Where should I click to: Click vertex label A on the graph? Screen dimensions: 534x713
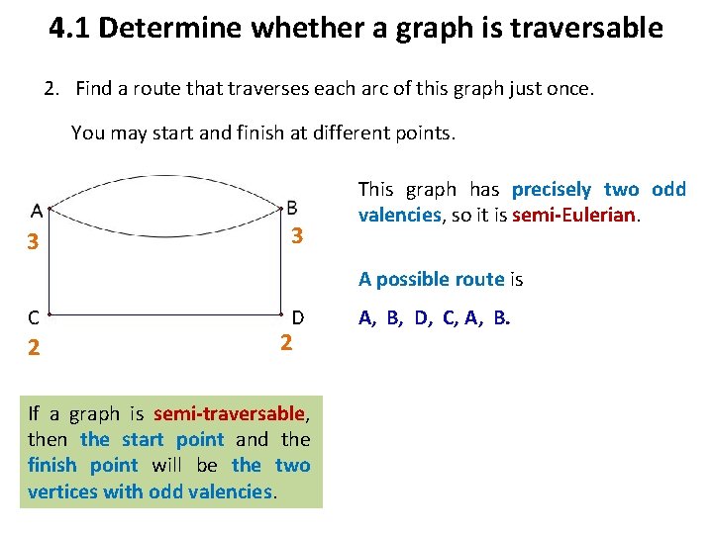point(36,210)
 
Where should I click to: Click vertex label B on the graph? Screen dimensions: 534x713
point(291,207)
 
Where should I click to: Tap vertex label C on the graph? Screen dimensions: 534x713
point(34,317)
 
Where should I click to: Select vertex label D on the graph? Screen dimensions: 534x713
point(297,317)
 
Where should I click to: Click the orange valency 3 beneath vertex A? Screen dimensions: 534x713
point(33,241)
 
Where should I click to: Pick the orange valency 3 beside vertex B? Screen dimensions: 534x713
point(296,237)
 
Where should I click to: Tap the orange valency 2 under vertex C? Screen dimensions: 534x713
point(34,347)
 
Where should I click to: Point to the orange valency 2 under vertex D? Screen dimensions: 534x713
point(285,343)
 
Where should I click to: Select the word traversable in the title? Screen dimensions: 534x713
point(593,28)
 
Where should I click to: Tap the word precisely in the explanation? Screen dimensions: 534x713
point(552,189)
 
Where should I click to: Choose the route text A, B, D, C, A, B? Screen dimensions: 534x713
point(435,317)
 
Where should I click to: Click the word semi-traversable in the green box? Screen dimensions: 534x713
point(229,413)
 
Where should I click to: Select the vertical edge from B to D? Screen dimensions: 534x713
point(282,263)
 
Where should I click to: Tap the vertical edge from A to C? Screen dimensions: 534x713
point(47,263)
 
